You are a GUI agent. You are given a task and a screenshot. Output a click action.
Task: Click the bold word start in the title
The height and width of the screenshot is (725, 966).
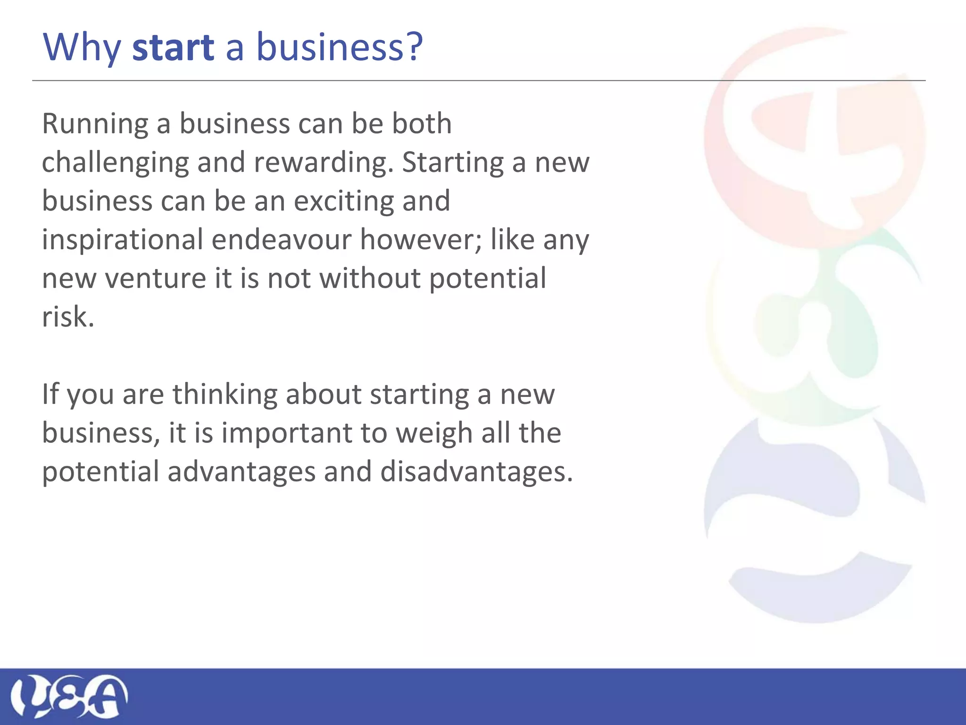[173, 48]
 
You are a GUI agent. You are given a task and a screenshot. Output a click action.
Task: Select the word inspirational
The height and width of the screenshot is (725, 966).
[122, 240]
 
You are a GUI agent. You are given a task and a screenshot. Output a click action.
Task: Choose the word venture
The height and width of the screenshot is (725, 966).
[155, 278]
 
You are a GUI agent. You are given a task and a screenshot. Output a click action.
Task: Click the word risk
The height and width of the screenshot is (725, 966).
[68, 317]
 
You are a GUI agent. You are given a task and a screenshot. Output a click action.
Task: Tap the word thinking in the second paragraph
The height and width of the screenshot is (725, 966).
[225, 395]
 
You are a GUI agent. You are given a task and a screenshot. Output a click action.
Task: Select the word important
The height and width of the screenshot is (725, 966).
[286, 433]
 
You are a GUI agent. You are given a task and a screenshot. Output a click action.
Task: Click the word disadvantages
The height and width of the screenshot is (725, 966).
[476, 472]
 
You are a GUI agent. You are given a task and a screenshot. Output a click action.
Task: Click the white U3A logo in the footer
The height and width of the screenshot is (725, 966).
[69, 696]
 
